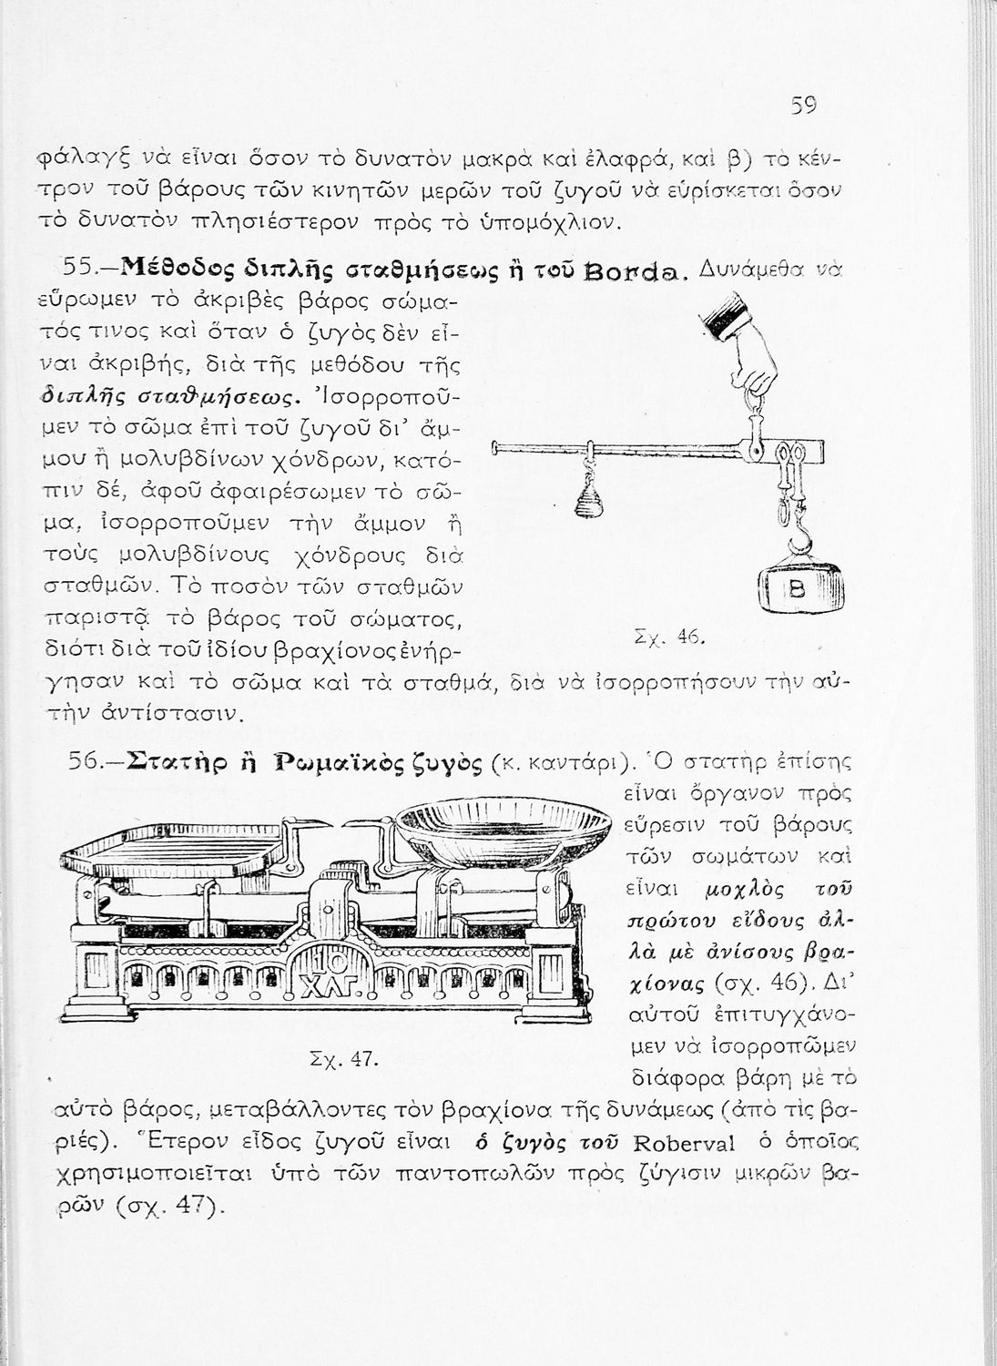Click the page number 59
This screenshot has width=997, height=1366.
[x=803, y=106]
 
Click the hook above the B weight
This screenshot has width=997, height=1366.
[x=799, y=539]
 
